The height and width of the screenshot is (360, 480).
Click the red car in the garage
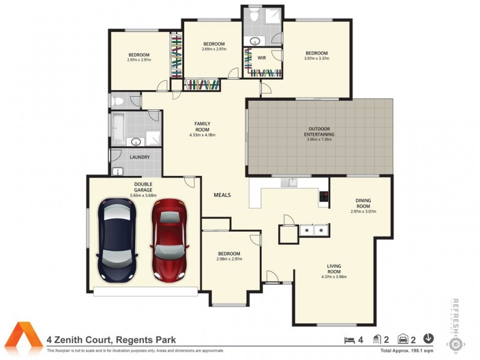(x=170, y=240)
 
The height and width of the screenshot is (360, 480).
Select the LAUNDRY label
(x=140, y=158)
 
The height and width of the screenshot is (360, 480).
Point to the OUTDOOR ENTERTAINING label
(x=321, y=131)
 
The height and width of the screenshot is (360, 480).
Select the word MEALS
(x=222, y=195)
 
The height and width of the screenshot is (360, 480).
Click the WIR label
(x=262, y=58)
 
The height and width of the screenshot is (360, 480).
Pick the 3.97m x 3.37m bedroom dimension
(x=316, y=59)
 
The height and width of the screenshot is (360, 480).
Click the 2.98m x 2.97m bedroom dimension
(x=229, y=259)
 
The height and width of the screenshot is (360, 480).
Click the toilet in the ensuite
(x=255, y=17)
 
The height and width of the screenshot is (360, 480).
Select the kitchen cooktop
(x=323, y=196)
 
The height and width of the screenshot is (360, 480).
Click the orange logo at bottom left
(x=25, y=338)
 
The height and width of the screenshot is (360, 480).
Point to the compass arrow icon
(x=429, y=339)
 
